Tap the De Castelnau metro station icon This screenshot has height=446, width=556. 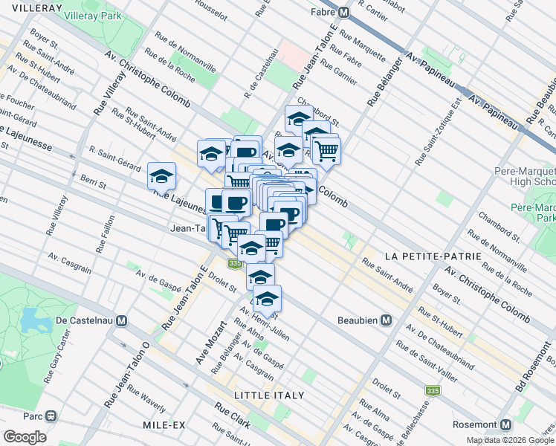pos(123,321)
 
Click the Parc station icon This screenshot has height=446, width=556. pos(51,416)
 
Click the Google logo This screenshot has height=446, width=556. pos(25,437)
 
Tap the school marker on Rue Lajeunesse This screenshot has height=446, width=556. pos(161,176)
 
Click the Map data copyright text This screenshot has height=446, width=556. pos(511,440)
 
